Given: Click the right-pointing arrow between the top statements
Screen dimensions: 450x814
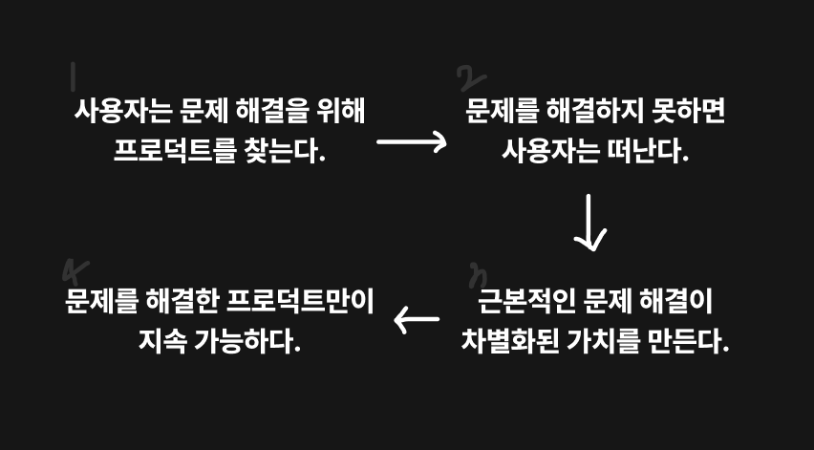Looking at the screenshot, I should pyautogui.click(x=412, y=142).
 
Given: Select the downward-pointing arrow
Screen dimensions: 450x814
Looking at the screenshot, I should pyautogui.click(x=589, y=223).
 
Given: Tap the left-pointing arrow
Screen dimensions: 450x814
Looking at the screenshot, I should pyautogui.click(x=417, y=321).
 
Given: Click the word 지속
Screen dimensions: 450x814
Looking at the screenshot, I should pyautogui.click(x=161, y=340).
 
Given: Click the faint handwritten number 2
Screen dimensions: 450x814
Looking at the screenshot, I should pyautogui.click(x=470, y=78).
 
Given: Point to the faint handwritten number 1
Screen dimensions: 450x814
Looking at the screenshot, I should pyautogui.click(x=74, y=75).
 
